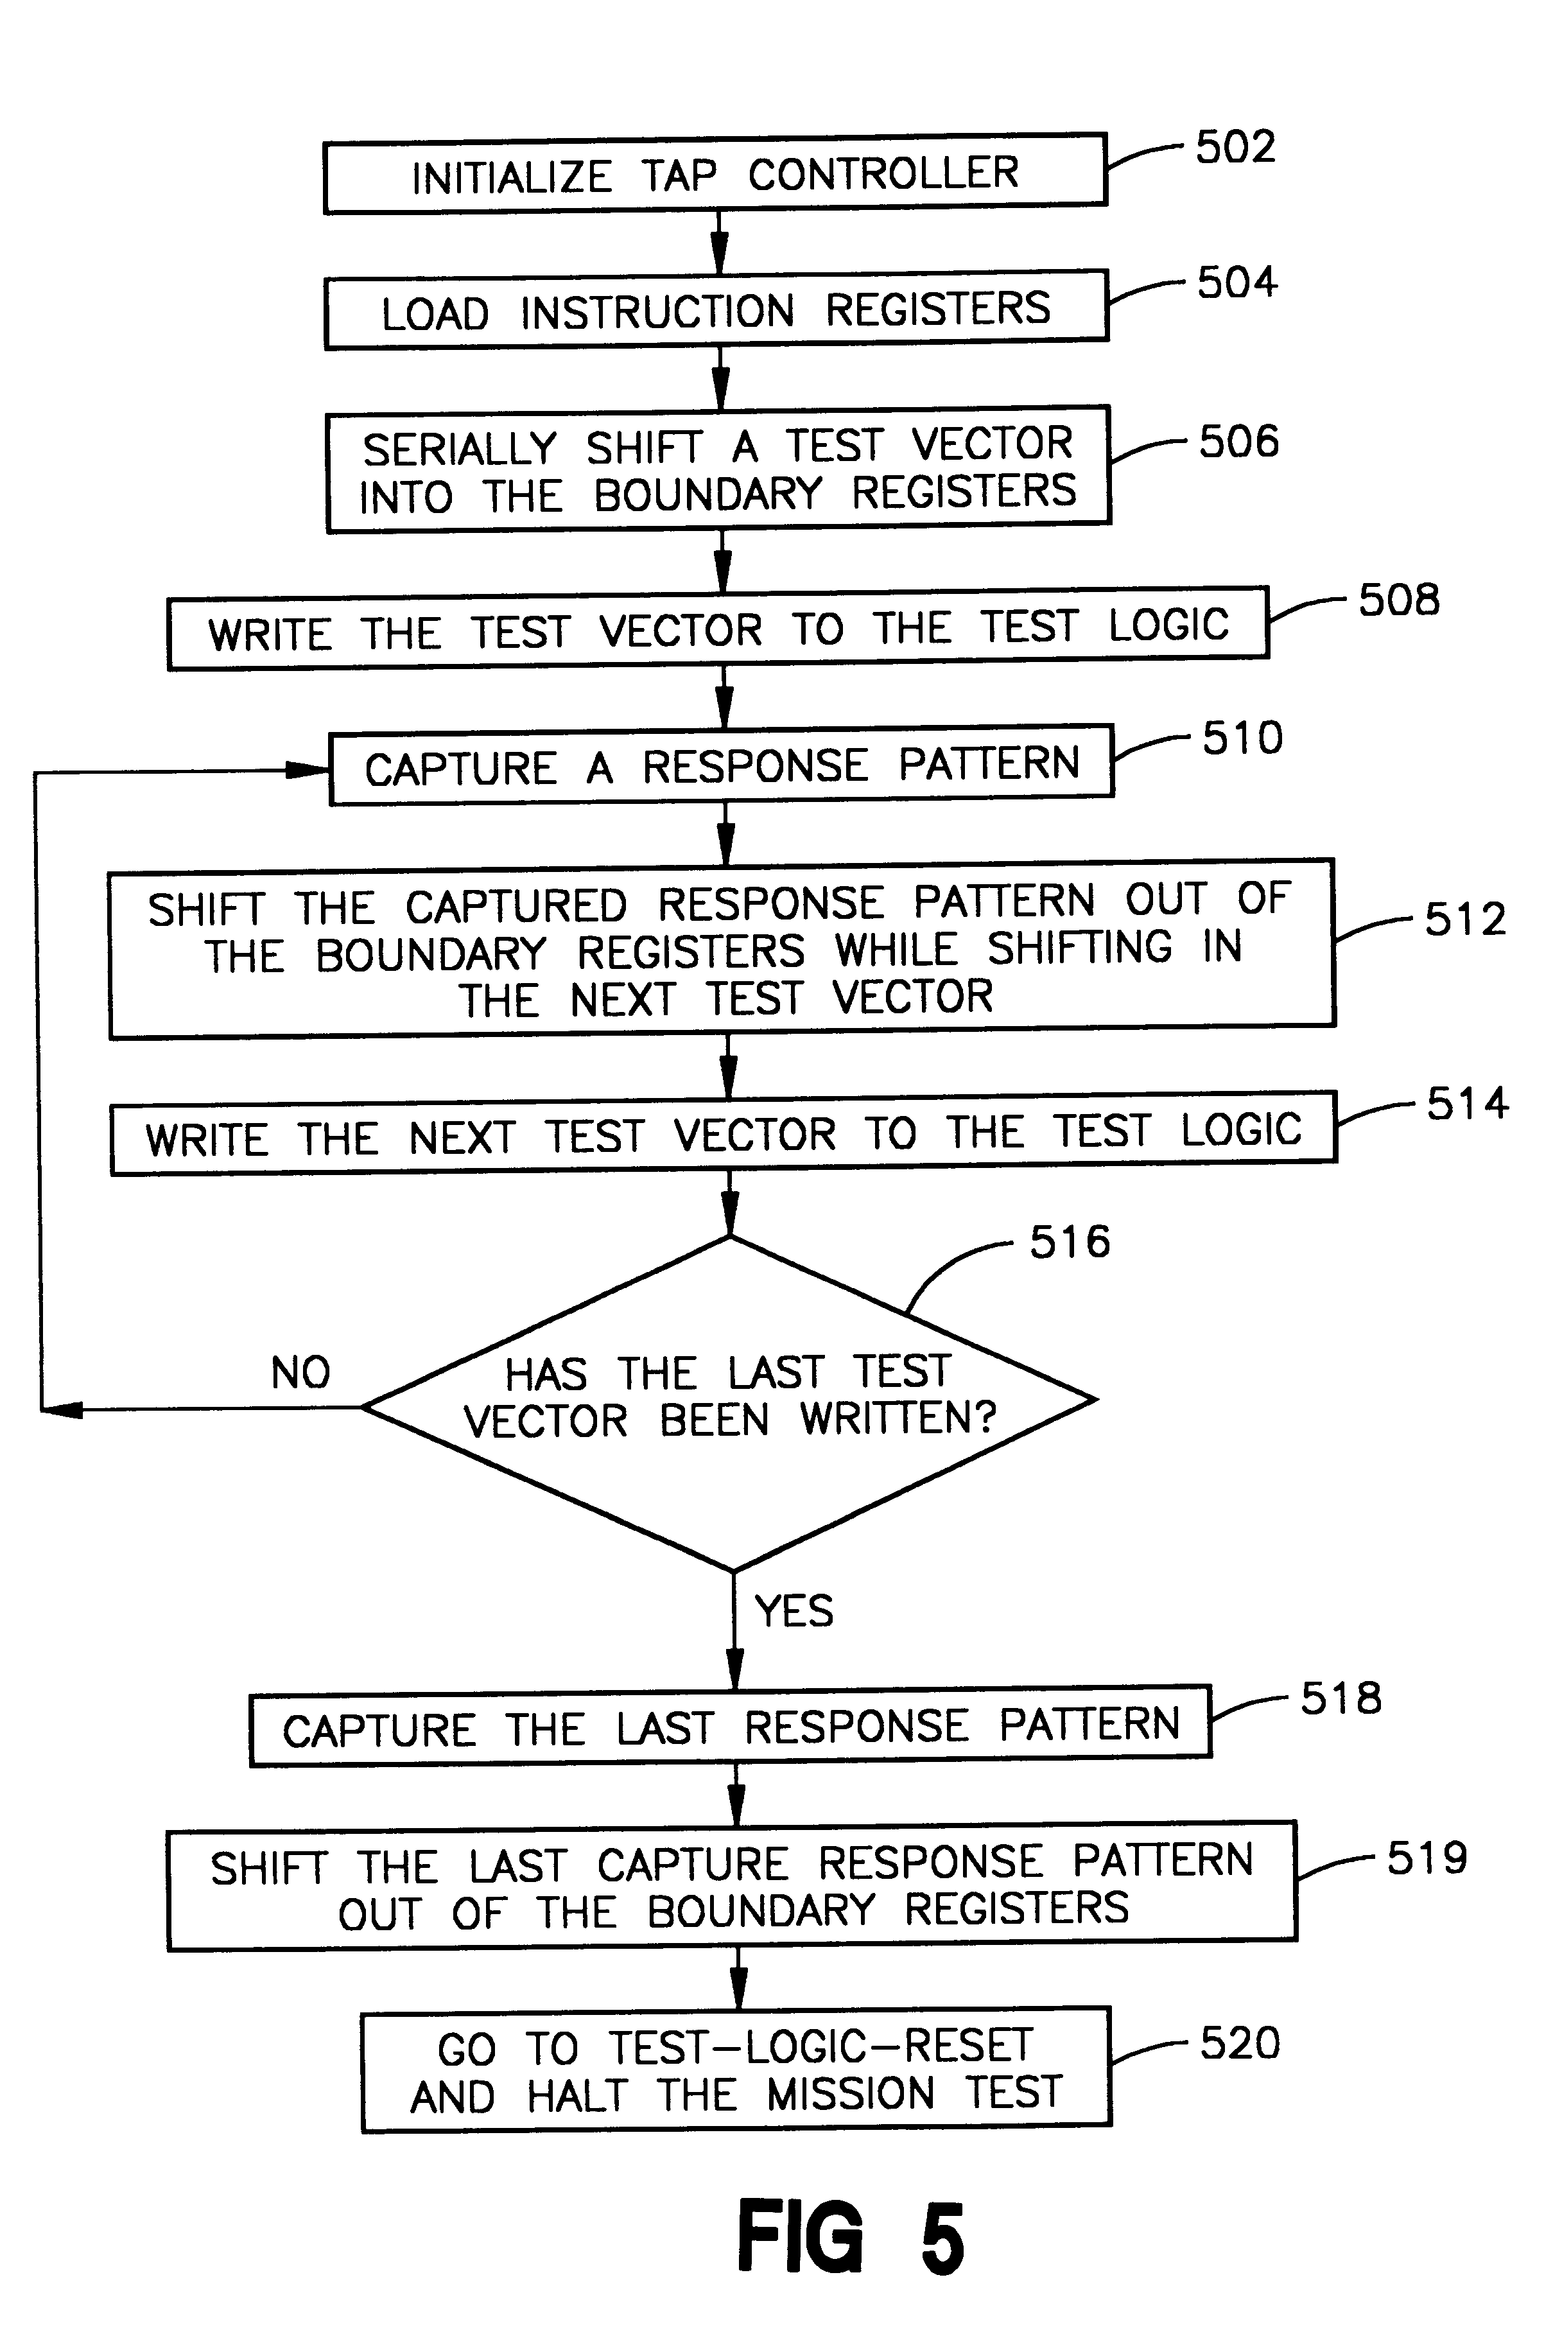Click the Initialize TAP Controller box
715,174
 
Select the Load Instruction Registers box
715,309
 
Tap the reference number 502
1235,148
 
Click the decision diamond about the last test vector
729,1400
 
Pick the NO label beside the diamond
300,1373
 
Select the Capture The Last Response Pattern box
730,1727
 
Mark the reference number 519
1427,1859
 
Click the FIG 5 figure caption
850,2237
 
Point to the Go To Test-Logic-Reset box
735,2070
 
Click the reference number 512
1464,920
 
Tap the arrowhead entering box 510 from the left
310,769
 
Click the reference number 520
1239,2043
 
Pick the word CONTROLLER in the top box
883,173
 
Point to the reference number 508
1399,600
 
